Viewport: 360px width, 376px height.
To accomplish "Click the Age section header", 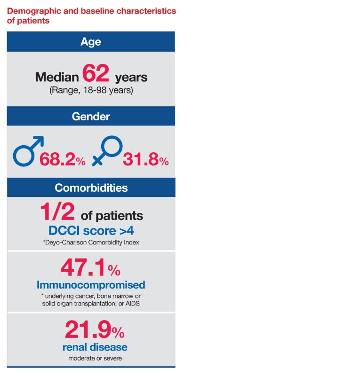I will pos(91,42).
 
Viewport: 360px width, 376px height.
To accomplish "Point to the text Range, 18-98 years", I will pos(91,90).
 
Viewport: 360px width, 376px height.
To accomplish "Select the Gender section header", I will pos(91,117).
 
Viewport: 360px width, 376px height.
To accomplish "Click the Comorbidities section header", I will pos(91,188).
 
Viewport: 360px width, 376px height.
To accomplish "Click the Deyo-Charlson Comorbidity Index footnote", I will pos(91,243).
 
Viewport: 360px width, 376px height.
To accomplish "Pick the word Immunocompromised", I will pos(91,285).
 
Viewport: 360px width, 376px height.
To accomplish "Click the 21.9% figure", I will pos(95,330).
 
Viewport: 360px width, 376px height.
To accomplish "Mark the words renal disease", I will pos(95,347).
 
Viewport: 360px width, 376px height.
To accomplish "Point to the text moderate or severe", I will pos(95,359).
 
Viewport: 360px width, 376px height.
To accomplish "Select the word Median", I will pos(57,77).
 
